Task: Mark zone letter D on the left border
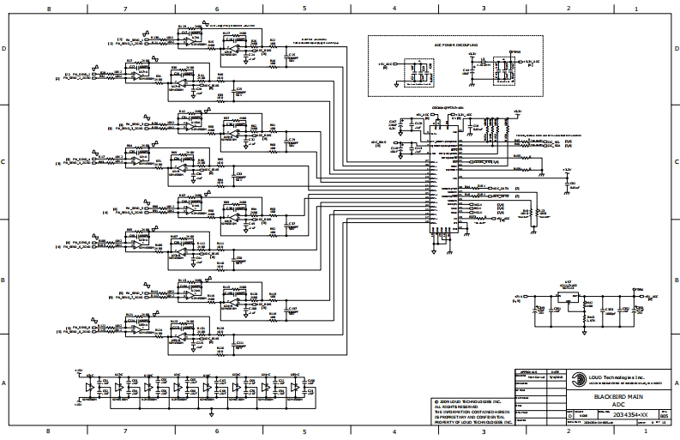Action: [5, 49]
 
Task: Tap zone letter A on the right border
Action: [674, 383]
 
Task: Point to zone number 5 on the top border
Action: [304, 8]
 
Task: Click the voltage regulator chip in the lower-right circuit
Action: [567, 299]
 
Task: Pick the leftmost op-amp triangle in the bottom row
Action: [91, 388]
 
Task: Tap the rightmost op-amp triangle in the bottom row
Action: [294, 388]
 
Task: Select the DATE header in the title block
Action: [554, 371]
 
